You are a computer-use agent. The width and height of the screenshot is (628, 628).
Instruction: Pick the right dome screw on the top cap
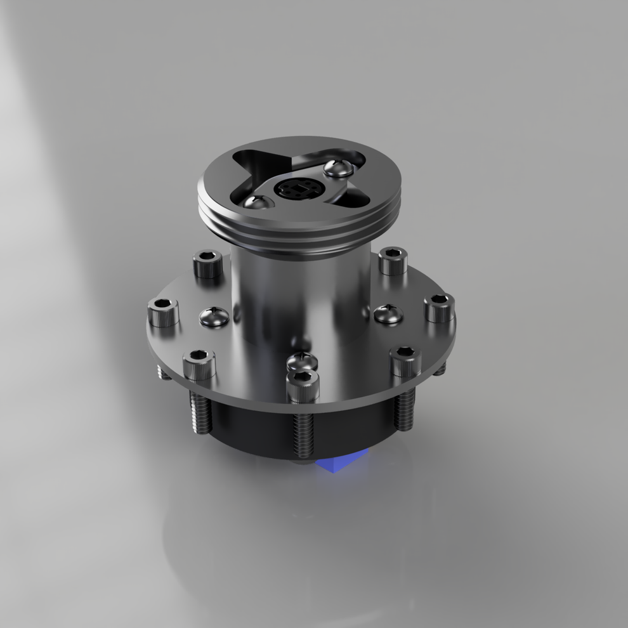(x=338, y=169)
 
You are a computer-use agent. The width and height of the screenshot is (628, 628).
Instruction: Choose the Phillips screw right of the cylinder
(x=388, y=313)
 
